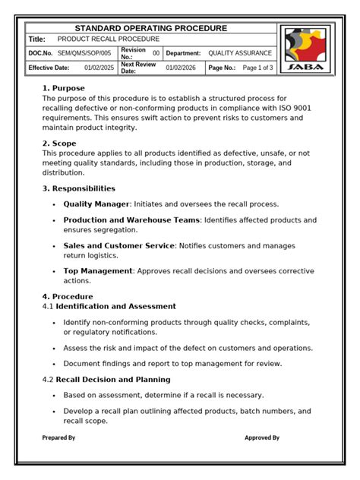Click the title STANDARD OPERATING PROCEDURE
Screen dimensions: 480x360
[150, 28]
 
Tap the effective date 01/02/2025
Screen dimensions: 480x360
[98, 68]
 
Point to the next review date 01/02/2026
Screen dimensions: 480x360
[180, 68]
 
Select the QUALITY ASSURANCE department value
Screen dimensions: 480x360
[240, 53]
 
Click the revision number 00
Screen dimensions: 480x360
[156, 53]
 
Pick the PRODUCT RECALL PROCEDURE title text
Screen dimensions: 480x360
[109, 39]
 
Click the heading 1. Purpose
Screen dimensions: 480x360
[64, 88]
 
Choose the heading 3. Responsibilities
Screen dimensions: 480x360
[79, 188]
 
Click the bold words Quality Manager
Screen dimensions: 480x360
[96, 204]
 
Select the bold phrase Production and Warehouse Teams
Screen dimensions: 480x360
[131, 220]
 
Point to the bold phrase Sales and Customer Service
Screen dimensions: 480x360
[118, 246]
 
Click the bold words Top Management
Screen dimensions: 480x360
[97, 270]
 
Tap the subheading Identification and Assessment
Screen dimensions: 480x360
[115, 306]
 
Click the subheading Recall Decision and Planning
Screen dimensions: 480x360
[112, 379]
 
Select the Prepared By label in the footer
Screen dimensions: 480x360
[58, 437]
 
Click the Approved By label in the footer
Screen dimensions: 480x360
[262, 437]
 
